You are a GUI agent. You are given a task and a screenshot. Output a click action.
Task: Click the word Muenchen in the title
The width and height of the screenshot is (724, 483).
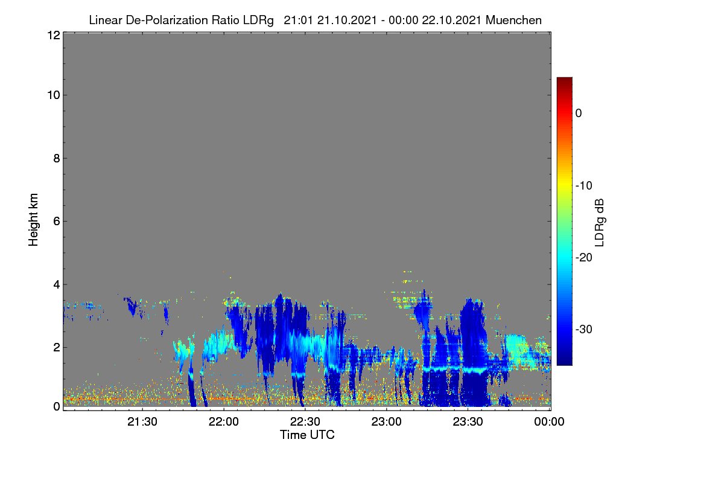[513, 20]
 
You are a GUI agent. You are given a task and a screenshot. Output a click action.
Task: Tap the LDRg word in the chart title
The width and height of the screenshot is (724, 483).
[258, 21]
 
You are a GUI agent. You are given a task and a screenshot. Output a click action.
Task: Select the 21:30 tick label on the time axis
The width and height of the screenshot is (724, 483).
[142, 421]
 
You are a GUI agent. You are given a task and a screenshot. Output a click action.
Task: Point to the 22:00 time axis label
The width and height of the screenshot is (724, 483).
[224, 421]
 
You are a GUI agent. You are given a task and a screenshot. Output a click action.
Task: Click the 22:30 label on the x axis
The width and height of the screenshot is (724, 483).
[305, 421]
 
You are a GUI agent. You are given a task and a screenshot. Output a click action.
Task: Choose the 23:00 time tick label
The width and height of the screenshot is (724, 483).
[386, 421]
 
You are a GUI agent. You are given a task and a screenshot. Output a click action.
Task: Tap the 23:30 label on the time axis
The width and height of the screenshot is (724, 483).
[468, 421]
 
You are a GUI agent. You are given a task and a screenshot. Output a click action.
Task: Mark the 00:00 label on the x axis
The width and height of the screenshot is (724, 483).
[549, 421]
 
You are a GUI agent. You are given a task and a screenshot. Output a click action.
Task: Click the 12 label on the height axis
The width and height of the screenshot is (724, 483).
[54, 35]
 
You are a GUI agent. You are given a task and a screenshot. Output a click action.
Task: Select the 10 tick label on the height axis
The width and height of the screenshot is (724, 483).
[54, 95]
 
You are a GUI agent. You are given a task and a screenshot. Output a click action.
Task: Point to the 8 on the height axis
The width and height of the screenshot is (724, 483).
[57, 158]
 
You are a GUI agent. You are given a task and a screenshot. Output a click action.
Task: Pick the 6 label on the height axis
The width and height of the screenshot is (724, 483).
[57, 222]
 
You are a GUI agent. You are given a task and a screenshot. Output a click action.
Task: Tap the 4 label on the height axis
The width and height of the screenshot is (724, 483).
[57, 285]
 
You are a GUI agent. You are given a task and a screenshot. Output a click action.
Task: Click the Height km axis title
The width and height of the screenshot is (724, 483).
[33, 220]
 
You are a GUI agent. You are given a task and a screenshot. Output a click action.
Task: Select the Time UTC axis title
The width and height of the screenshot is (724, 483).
[307, 435]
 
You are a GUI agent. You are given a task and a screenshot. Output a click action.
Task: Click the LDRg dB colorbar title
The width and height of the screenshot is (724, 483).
[600, 223]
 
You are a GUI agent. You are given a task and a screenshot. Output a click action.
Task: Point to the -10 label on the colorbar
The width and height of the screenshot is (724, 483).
[584, 186]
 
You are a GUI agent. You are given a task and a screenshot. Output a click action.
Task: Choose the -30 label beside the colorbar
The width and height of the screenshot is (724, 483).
[584, 329]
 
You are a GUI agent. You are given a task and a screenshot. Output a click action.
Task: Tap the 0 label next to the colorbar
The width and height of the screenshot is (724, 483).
[579, 114]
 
